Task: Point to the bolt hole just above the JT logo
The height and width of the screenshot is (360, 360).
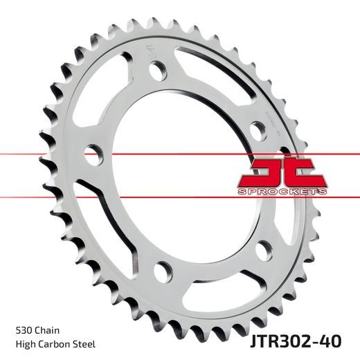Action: point(258,127)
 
